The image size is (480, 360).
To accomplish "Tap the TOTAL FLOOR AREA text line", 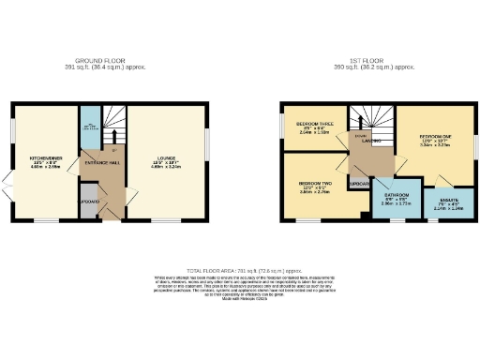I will click(x=240, y=269).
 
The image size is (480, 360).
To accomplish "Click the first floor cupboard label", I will click(x=358, y=185).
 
